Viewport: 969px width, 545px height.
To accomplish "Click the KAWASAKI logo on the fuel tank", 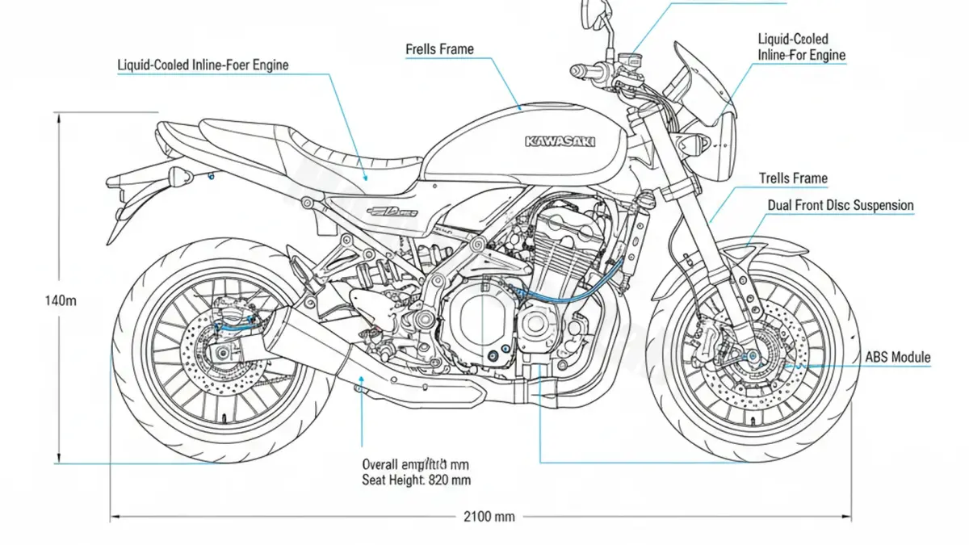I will coord(560,141).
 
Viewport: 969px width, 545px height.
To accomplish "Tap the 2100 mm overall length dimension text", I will coord(489,516).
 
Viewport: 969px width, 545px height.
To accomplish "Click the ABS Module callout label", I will coord(897,357).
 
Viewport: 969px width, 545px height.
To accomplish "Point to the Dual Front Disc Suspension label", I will coord(840,205).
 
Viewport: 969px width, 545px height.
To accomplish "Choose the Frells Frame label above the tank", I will coord(439,49).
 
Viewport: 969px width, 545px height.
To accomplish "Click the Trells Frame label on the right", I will coord(793,178).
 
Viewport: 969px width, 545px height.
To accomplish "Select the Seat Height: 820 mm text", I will coord(417,480).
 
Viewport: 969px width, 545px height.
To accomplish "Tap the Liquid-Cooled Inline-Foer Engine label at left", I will coord(203,64).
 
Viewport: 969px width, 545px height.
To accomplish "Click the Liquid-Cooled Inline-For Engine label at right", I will coord(801,47).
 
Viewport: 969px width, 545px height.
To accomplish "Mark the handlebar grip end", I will coord(577,72).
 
